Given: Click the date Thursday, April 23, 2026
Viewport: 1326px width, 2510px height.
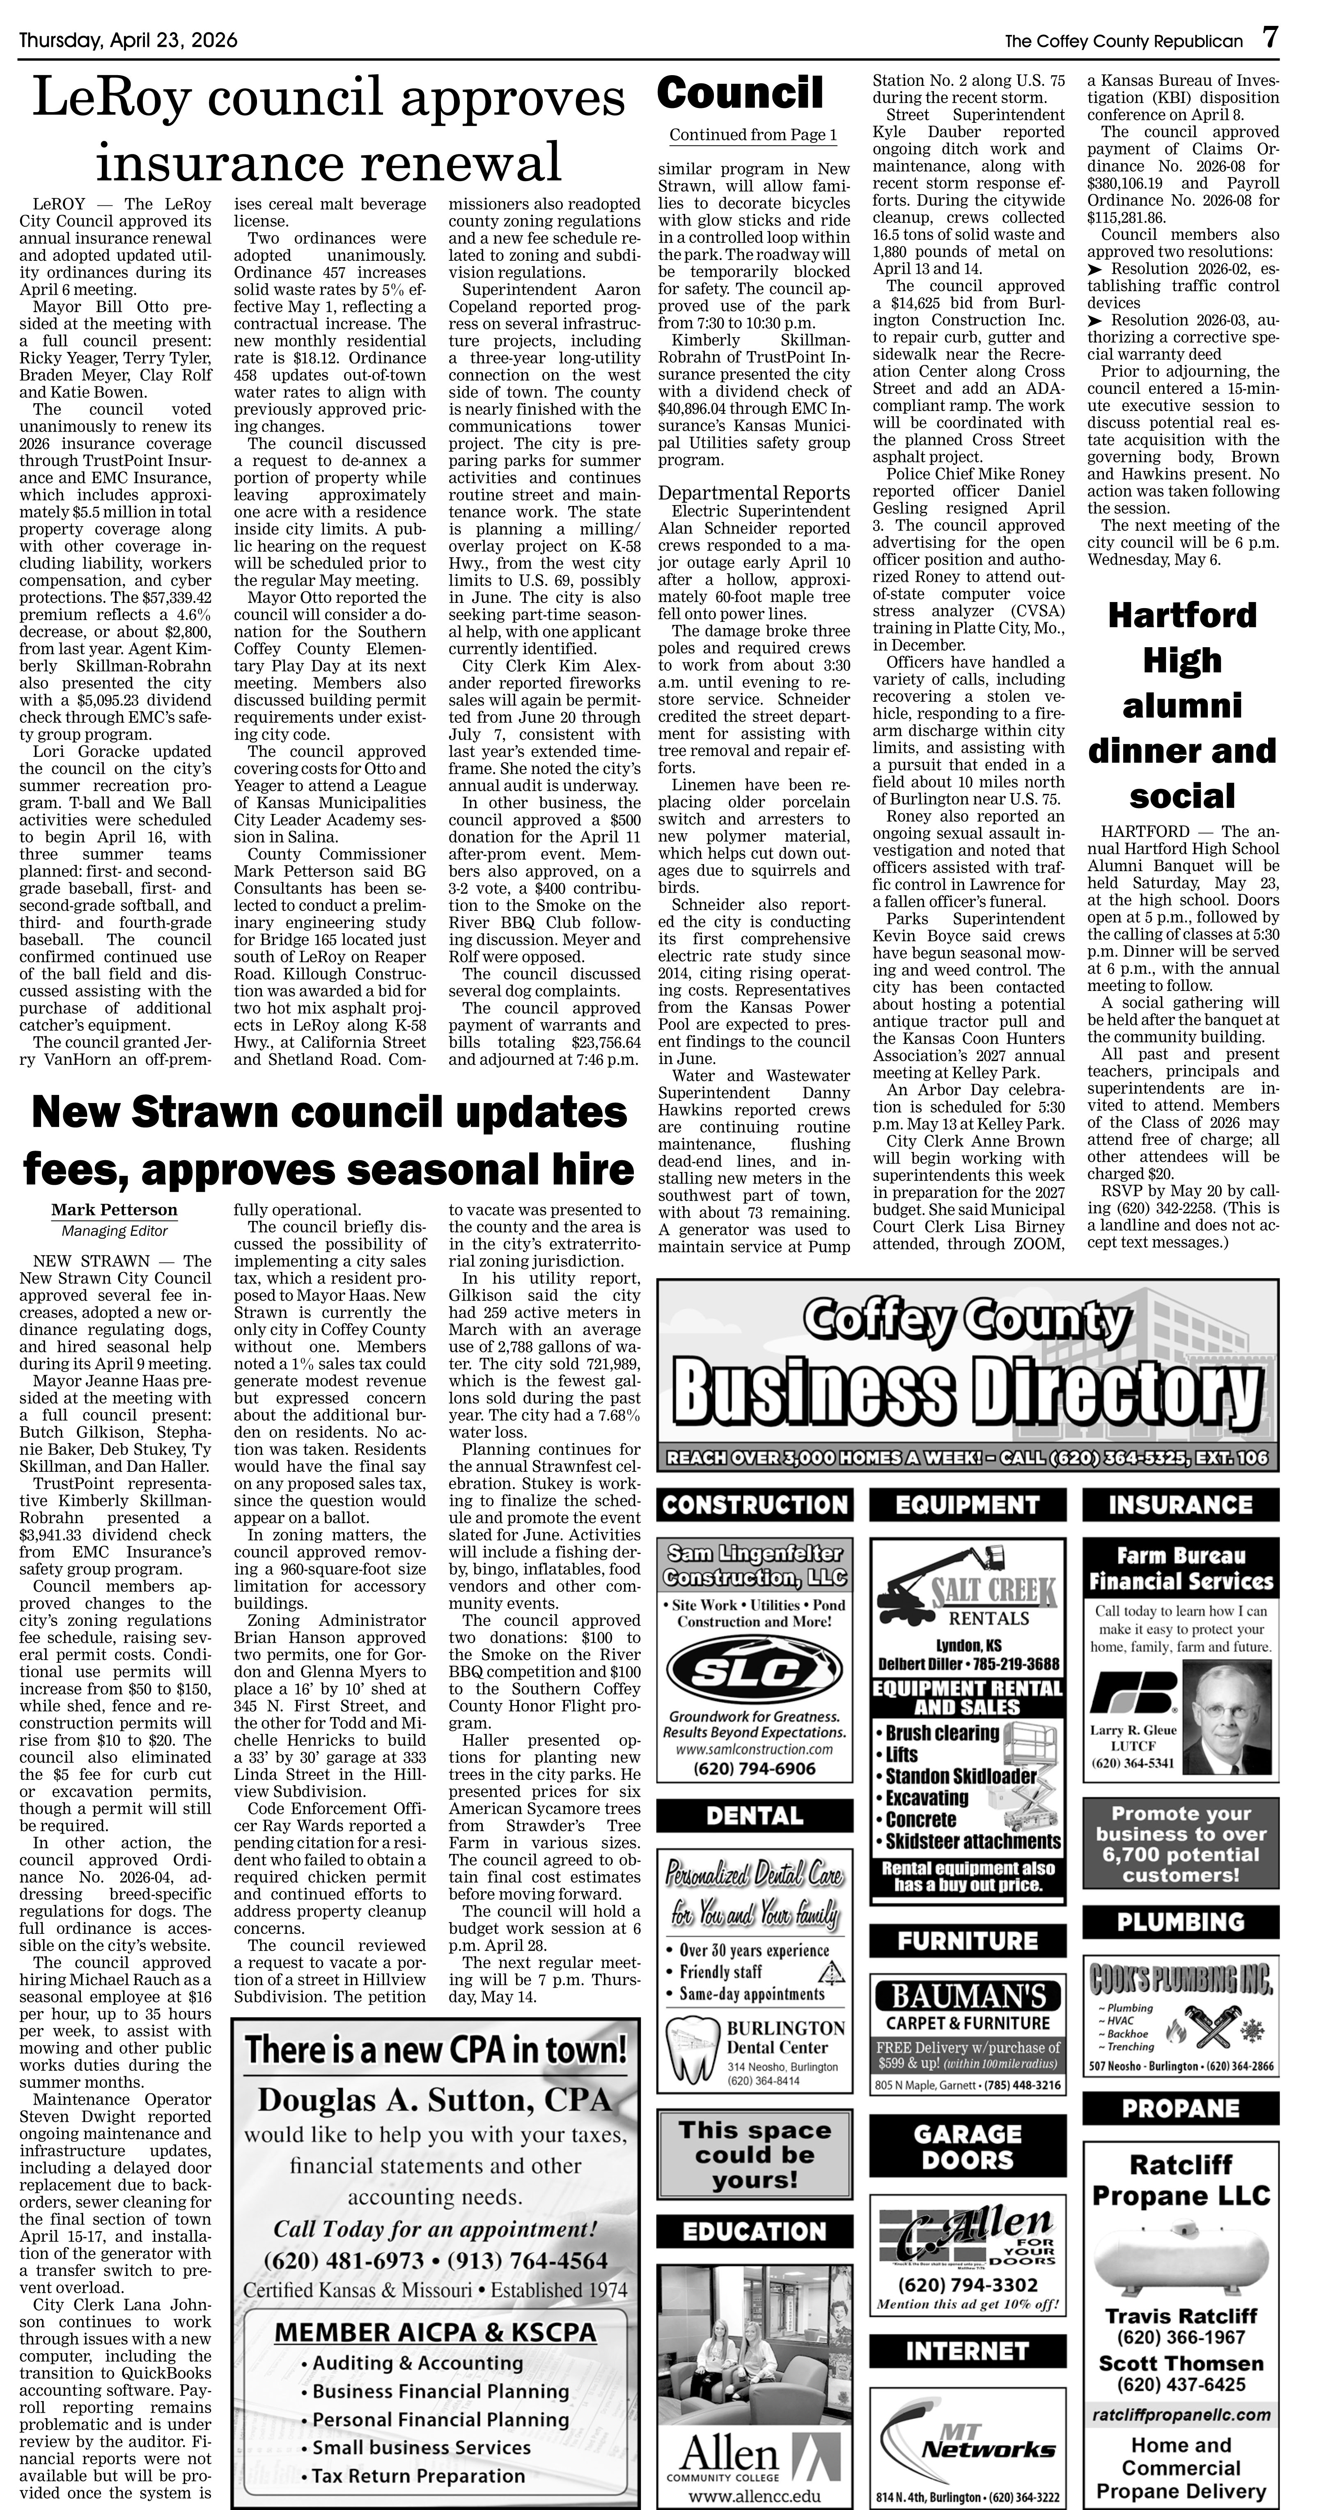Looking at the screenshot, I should (x=128, y=41).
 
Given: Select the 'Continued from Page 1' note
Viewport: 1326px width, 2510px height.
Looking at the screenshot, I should (x=752, y=134).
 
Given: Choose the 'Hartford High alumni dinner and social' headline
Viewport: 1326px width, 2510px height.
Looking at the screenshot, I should (x=1182, y=706).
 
